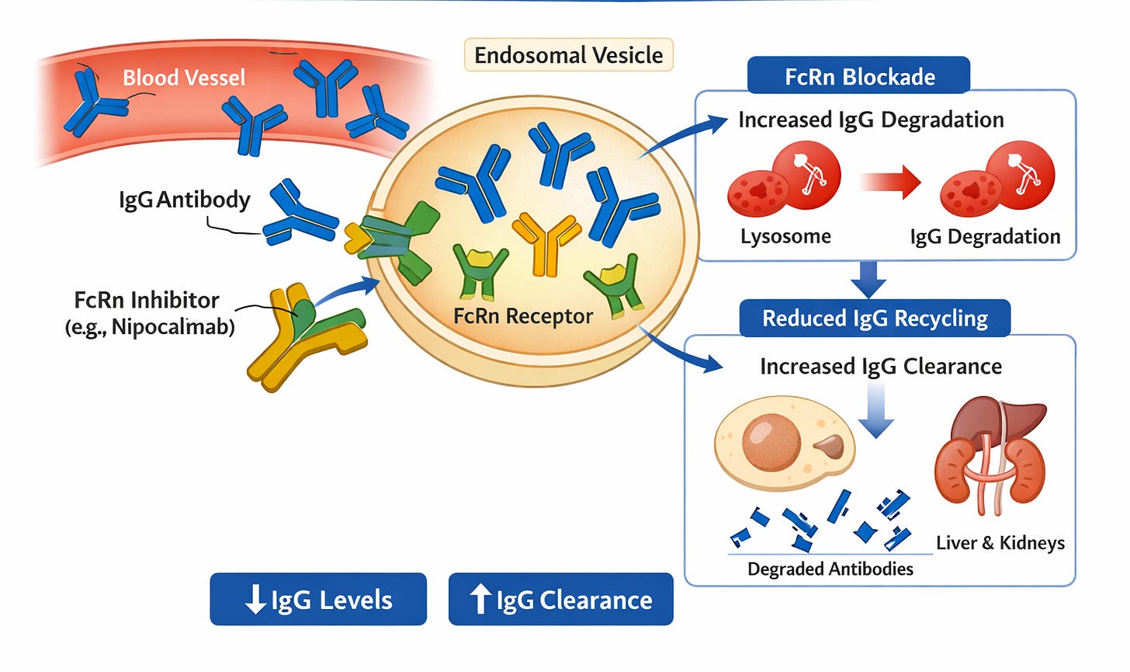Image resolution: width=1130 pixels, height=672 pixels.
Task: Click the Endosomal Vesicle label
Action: click(569, 54)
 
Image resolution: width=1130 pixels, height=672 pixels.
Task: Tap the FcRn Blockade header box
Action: click(858, 75)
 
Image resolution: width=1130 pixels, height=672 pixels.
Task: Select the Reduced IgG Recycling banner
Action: click(875, 318)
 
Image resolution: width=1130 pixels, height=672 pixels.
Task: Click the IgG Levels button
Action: click(318, 599)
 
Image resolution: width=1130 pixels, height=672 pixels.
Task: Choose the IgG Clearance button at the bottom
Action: click(561, 599)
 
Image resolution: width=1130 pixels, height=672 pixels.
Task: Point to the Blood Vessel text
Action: click(184, 78)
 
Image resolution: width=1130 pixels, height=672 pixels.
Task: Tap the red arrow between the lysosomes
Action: click(891, 182)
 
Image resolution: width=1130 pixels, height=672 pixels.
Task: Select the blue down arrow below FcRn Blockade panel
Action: click(868, 279)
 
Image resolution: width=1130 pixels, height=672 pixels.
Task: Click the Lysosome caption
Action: click(785, 236)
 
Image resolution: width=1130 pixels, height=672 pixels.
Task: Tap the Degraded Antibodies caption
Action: click(830, 569)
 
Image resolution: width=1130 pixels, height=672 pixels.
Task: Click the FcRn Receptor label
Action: click(523, 316)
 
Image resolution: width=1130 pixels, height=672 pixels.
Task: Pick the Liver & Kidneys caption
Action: click(1000, 543)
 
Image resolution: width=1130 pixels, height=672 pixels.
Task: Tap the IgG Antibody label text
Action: click(185, 200)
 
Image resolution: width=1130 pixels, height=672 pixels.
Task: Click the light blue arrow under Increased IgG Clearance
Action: click(875, 409)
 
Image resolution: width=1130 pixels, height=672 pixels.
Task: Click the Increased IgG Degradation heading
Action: click(872, 120)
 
